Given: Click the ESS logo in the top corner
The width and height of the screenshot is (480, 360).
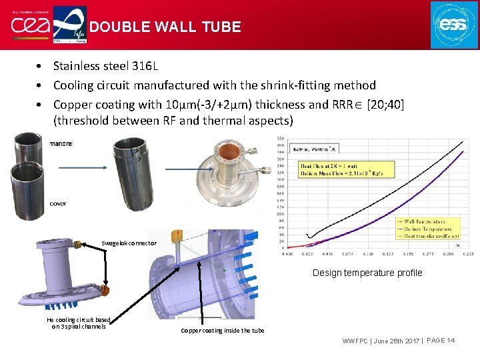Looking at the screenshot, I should click(453, 24).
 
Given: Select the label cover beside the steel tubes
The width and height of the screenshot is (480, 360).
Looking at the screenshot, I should click(58, 203).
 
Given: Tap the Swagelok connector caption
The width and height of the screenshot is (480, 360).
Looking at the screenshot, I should click(129, 243).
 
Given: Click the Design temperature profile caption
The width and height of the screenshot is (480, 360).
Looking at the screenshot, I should click(367, 273).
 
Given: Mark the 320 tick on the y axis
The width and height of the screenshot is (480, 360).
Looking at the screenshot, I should click(280, 139).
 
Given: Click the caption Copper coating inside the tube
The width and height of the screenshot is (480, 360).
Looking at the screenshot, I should click(223, 331).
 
